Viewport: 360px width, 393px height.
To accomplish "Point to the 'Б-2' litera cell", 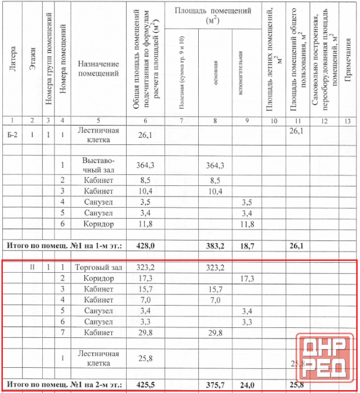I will coord(13,134).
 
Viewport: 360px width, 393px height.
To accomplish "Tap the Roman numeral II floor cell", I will coord(33,267).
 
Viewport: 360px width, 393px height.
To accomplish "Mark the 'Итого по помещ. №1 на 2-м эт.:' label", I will coord(64,385).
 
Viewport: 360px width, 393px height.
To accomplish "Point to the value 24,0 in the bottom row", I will coord(247,385).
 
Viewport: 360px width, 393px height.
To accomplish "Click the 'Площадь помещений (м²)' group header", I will coord(213,15).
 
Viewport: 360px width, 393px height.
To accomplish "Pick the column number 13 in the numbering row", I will coord(347,120).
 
